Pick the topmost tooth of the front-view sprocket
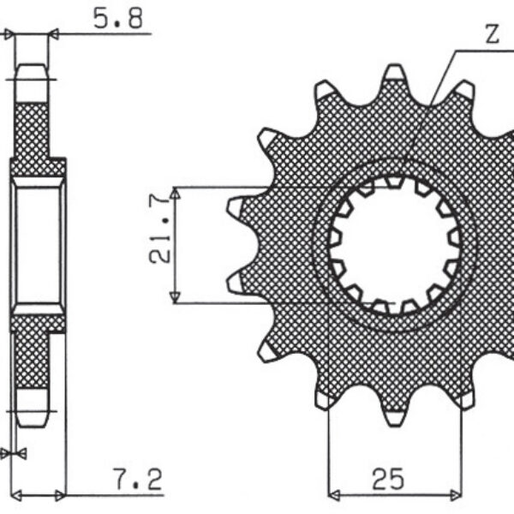tap(393, 75)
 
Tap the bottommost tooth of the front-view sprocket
tap(393, 415)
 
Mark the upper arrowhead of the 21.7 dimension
tap(175, 194)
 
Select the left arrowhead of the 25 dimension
tap(334, 494)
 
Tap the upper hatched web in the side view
tap(33, 133)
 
